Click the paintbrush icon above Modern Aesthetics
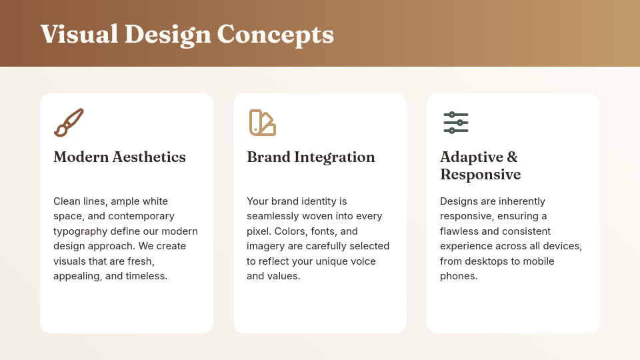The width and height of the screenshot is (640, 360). [69, 123]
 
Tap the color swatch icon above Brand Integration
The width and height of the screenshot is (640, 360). [262, 123]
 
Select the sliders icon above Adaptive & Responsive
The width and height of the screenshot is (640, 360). [455, 123]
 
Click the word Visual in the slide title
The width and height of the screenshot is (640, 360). [79, 34]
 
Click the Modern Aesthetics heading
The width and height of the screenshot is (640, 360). [119, 157]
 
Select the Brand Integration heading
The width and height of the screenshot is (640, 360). [311, 157]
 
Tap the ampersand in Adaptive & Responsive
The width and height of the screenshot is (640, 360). [512, 157]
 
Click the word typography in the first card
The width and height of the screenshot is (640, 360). [80, 231]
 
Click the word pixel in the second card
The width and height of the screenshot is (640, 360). [260, 231]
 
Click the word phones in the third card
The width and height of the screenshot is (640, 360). [457, 276]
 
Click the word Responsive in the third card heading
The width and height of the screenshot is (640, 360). [480, 175]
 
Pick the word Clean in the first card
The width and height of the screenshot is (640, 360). [67, 201]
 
